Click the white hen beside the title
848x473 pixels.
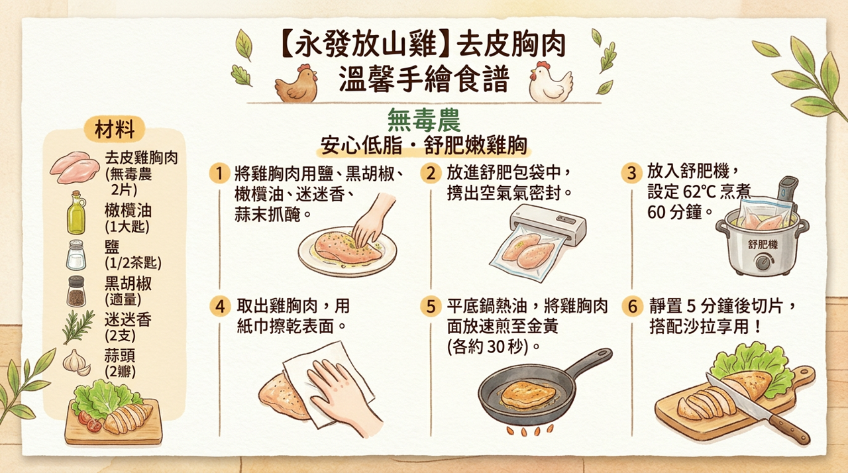(x=550, y=82)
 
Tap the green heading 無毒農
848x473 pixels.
(x=423, y=121)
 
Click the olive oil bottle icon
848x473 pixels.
(x=76, y=213)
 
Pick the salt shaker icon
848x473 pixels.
(x=76, y=254)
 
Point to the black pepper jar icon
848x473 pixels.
(x=76, y=291)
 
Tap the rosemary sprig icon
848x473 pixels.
(x=78, y=327)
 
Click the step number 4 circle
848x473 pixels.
(x=219, y=307)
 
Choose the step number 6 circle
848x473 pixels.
(x=633, y=307)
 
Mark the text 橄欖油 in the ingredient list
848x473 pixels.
(x=128, y=211)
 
